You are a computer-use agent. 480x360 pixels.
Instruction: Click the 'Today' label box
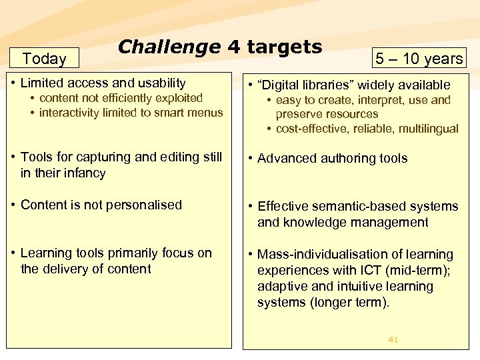44,59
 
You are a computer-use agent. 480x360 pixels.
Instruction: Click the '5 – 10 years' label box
419,59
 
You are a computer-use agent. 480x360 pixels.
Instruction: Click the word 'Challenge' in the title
169,47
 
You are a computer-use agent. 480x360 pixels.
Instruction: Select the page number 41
393,340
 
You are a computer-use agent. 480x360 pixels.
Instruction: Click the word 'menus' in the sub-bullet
205,112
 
